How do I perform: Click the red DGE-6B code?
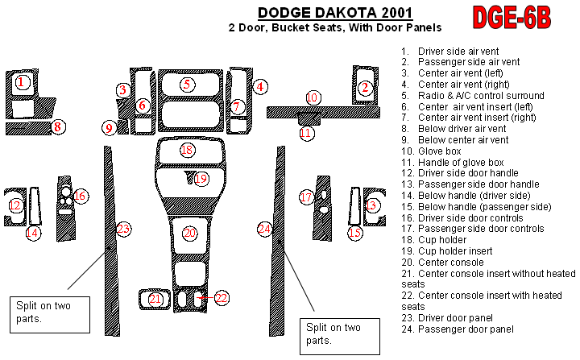click(x=512, y=18)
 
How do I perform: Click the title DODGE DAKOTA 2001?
click(x=335, y=13)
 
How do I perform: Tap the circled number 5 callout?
click(x=187, y=85)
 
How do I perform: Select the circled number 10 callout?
click(x=312, y=97)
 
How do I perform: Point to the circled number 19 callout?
click(x=201, y=179)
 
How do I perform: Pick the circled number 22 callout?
click(x=222, y=298)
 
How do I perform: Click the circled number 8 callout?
click(x=58, y=127)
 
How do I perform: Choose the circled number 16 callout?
click(x=81, y=196)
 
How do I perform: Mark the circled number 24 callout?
click(x=265, y=229)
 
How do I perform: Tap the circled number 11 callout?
click(x=306, y=133)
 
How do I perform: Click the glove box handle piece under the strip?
click(x=309, y=118)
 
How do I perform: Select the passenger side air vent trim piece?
click(x=365, y=85)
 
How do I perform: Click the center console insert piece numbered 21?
click(x=155, y=299)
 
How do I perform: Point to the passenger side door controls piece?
click(x=322, y=209)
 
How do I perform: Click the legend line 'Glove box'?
click(x=431, y=151)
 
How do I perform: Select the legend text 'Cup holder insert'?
click(x=447, y=250)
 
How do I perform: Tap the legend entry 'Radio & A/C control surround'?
click(x=473, y=96)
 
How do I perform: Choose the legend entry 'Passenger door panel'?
click(x=458, y=329)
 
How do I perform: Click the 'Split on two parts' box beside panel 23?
click(x=50, y=314)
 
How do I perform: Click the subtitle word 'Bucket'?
click(x=288, y=27)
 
